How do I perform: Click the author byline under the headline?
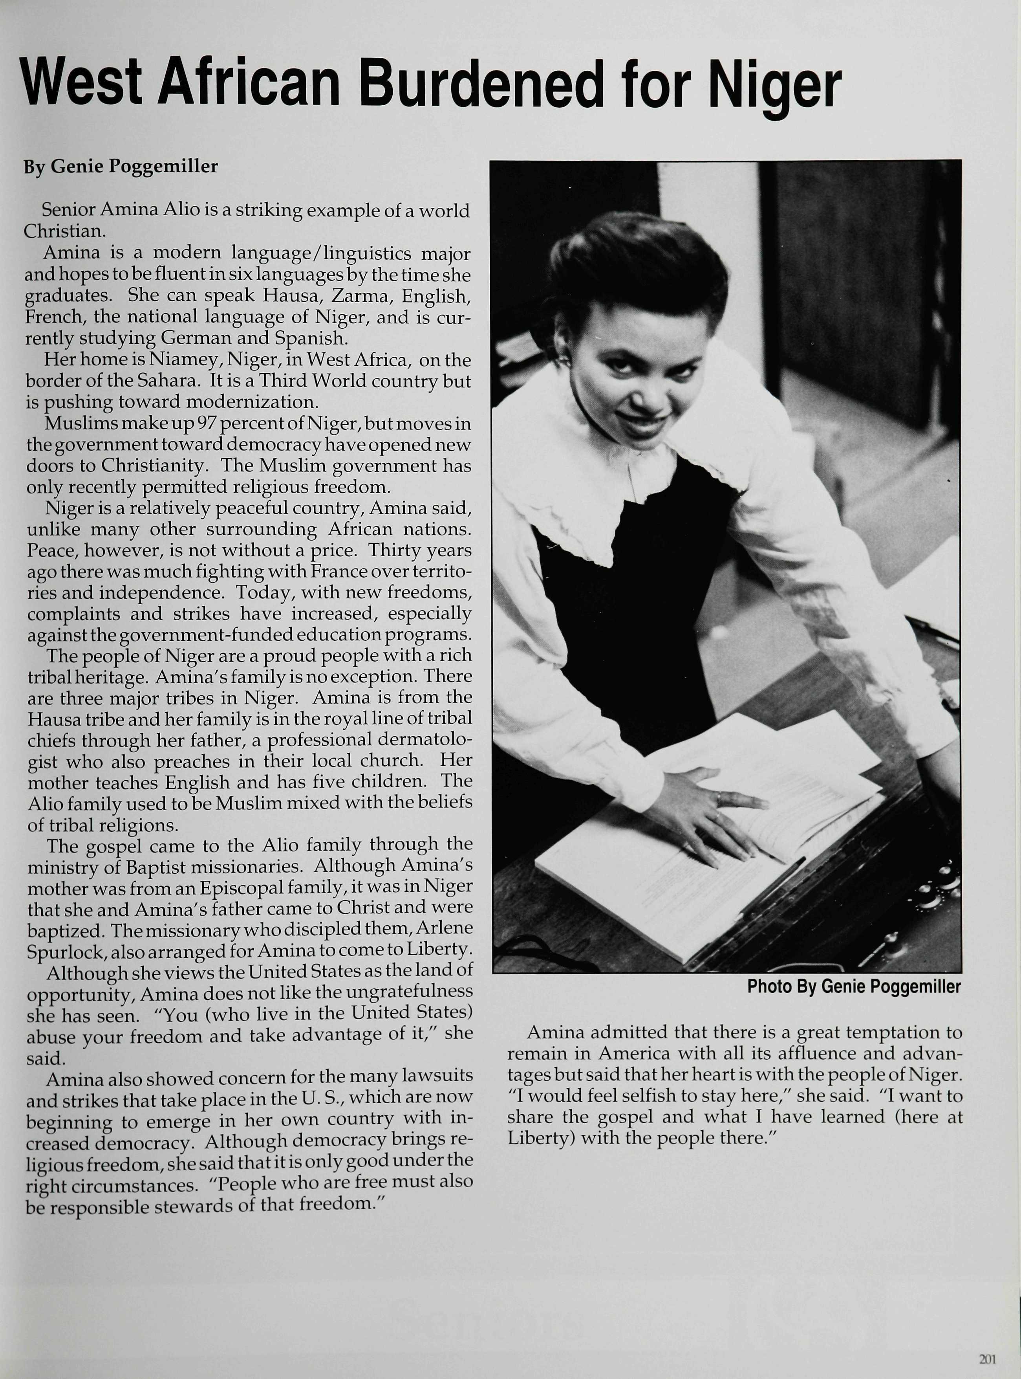(x=121, y=166)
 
